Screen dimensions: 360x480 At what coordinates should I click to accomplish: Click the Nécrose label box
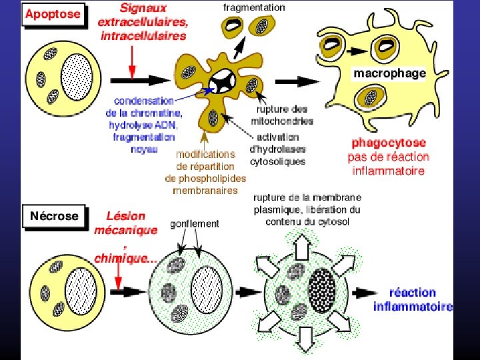54,216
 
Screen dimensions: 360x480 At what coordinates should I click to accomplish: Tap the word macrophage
389,73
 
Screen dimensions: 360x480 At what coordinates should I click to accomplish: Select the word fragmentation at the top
253,7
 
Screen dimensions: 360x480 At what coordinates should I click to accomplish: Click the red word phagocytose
389,143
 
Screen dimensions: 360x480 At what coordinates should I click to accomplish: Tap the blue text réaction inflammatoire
413,299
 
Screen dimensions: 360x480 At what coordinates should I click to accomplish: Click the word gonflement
194,224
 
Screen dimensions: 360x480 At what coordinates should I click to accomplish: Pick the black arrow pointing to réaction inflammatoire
369,293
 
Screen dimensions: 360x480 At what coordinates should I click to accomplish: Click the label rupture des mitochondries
282,115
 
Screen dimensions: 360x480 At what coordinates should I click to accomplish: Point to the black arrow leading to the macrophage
297,80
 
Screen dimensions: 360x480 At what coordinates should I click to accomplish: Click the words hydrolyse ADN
144,125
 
